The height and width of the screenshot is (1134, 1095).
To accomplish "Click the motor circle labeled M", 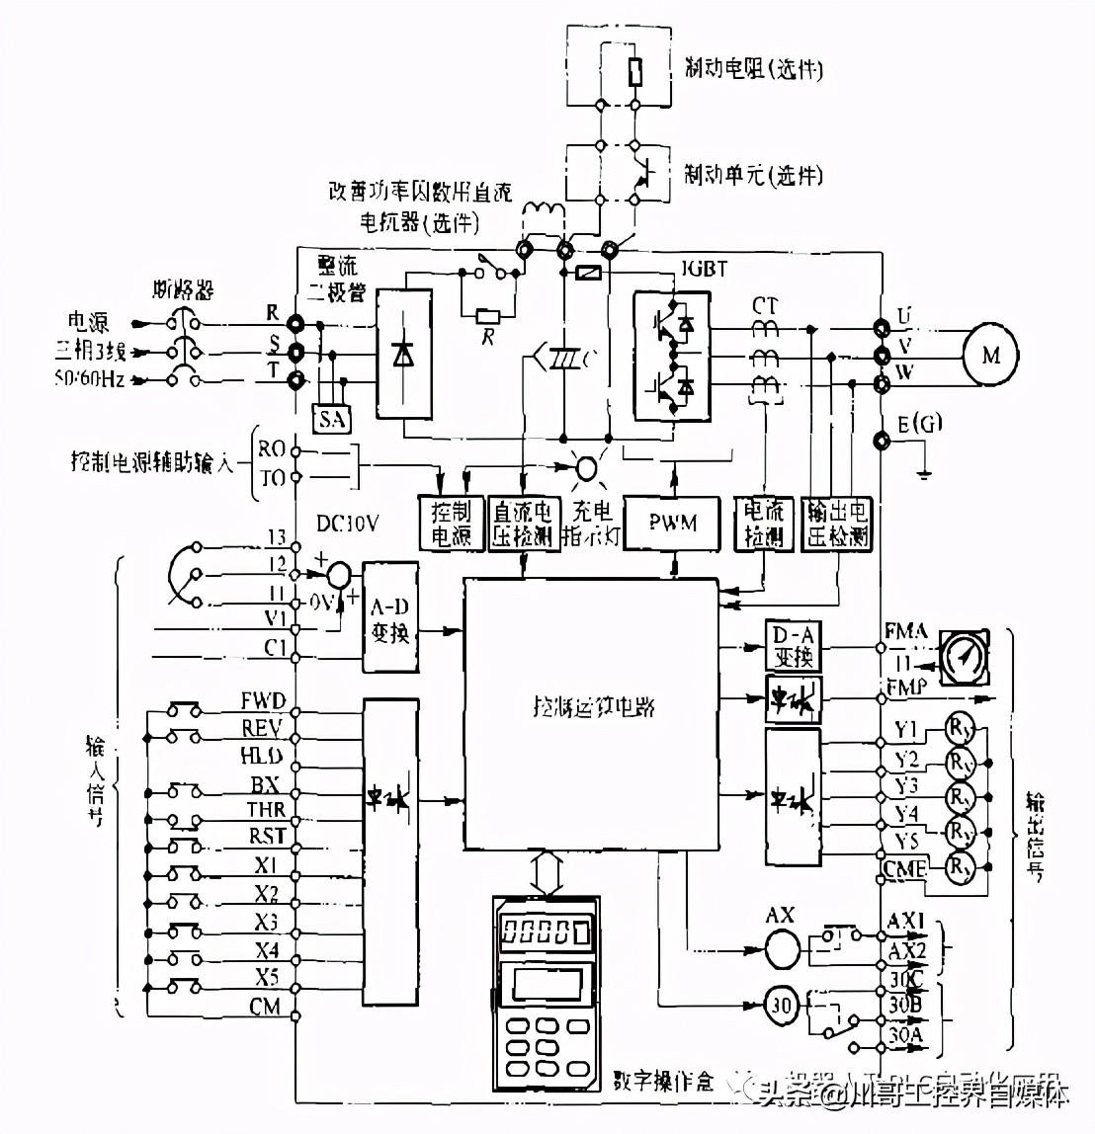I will tap(990, 355).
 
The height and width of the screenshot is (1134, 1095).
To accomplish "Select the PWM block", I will tap(673, 523).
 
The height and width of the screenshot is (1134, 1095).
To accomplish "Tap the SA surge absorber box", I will tap(333, 419).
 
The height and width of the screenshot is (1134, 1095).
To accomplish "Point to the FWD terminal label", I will tap(263, 702).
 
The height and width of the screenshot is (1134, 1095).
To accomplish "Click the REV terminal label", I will tap(263, 729).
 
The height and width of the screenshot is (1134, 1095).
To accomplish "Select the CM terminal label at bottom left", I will tap(265, 1007).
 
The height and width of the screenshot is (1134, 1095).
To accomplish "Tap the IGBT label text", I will tap(704, 269).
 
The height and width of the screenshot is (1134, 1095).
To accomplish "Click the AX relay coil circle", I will tap(780, 949).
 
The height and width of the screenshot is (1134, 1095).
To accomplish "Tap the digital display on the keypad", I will tap(545, 931).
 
